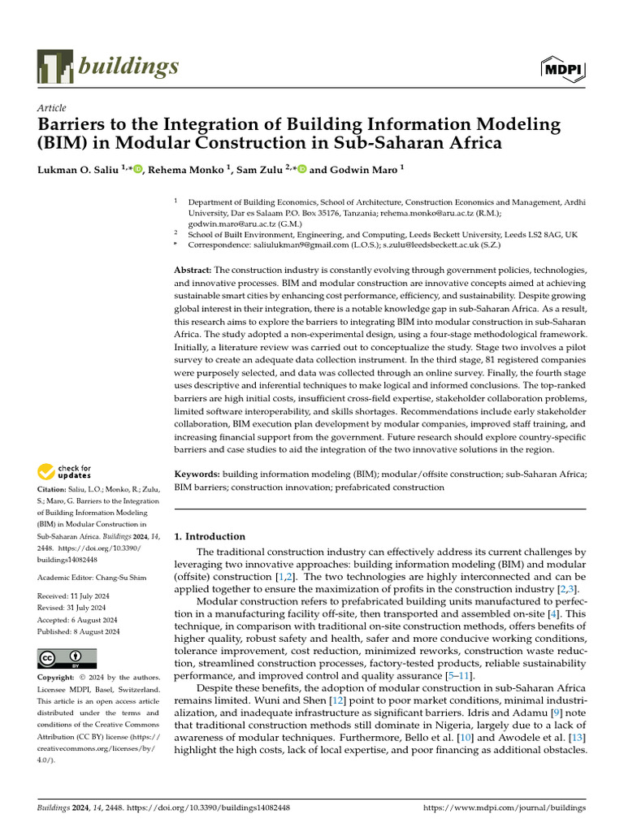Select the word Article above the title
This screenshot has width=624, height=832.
pos(52,108)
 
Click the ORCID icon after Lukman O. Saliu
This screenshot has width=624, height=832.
pos(137,169)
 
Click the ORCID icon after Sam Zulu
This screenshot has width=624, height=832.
pos(301,169)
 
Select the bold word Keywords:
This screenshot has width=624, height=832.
pos(197,474)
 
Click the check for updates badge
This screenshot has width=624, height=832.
pos(65,470)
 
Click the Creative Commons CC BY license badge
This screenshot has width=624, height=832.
pos(67,658)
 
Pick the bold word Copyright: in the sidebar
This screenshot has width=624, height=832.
pos(58,678)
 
